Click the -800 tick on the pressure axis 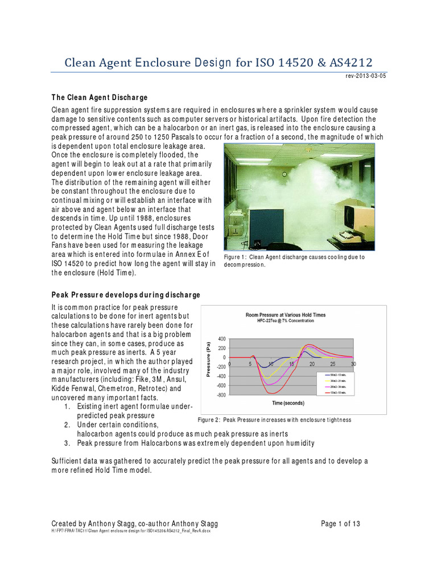coord(221,394)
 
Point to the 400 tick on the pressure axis coord(221,339)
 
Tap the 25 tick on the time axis coord(333,363)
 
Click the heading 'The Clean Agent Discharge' coord(100,97)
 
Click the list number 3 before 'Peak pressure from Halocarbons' coord(67,443)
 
